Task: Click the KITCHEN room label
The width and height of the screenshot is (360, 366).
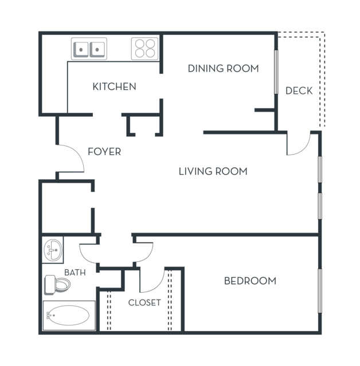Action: (114, 86)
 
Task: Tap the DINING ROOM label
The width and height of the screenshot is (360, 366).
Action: (224, 69)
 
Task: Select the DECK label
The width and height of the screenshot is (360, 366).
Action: (299, 91)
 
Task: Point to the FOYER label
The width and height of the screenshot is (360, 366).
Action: (104, 152)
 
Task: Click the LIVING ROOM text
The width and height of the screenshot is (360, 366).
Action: (213, 171)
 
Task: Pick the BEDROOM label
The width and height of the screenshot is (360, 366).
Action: (250, 281)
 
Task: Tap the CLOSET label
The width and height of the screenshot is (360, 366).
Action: (144, 303)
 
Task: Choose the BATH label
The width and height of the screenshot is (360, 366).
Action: (75, 273)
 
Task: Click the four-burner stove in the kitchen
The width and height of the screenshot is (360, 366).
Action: (145, 49)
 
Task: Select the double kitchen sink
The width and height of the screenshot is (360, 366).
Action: (89, 49)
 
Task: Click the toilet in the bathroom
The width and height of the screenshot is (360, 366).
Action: (57, 285)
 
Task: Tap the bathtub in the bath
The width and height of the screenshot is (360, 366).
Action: (69, 316)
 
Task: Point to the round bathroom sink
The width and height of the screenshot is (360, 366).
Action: (53, 250)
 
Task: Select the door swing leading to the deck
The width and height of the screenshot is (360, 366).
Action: (303, 149)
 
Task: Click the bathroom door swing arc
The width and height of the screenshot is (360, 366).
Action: (84, 256)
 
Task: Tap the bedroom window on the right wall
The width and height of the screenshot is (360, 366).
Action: (320, 291)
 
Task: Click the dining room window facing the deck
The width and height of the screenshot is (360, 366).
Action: (276, 72)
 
